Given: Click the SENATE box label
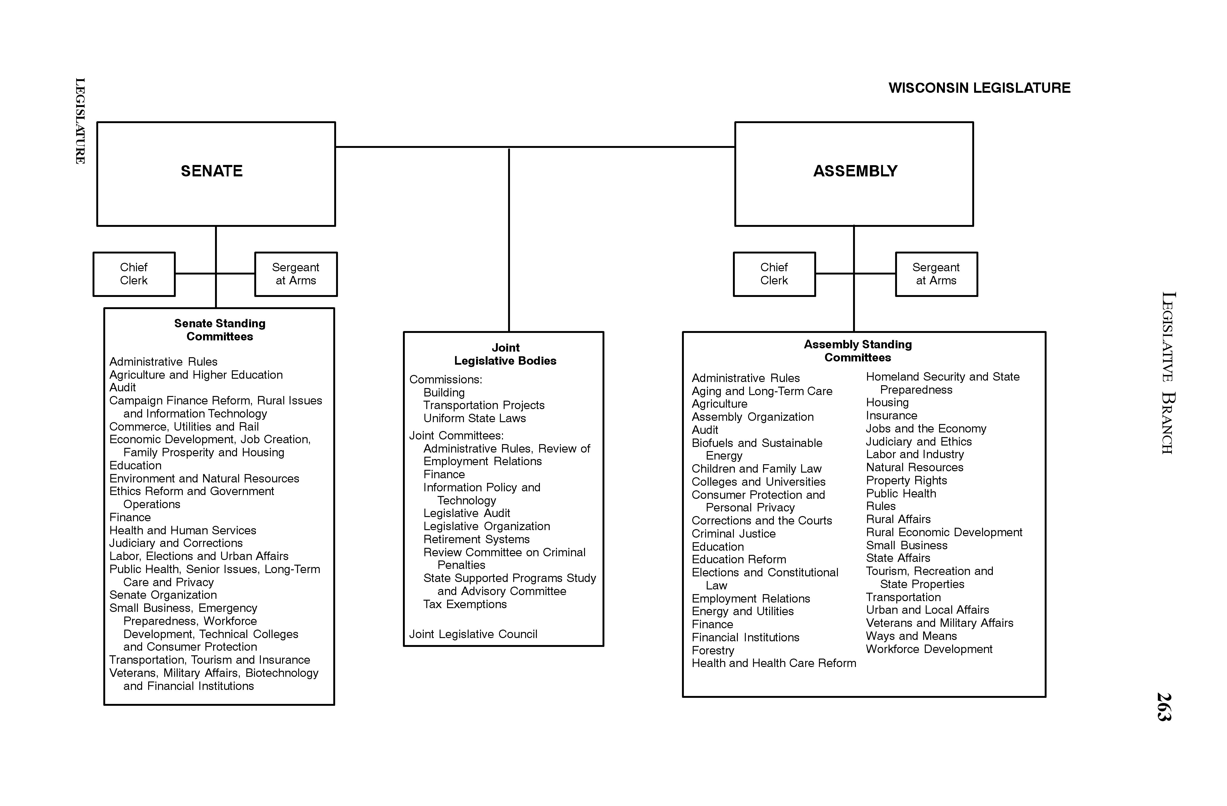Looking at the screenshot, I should (211, 171).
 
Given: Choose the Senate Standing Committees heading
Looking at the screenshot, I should (220, 330).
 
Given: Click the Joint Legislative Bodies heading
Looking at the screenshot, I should (505, 354).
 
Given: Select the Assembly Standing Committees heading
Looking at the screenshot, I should (857, 351).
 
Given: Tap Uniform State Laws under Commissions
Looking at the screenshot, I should (474, 418).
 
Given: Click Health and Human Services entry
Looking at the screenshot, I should (183, 530).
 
